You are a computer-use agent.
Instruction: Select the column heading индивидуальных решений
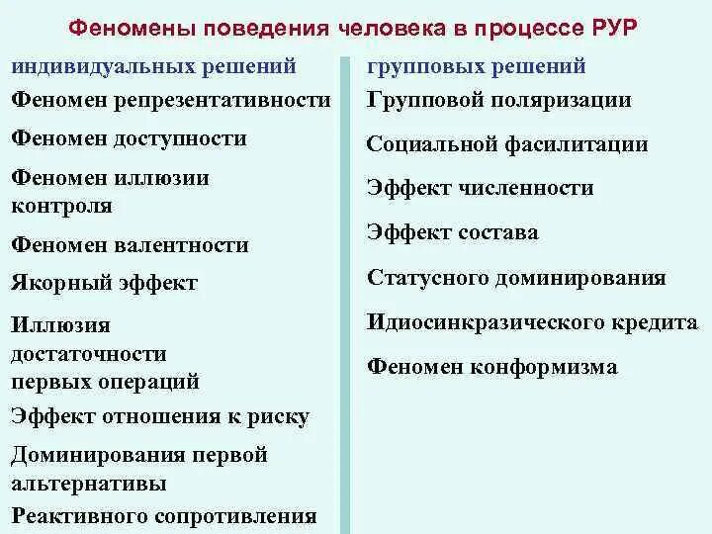click(x=153, y=67)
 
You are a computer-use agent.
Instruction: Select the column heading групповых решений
click(x=477, y=67)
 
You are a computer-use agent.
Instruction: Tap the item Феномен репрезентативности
click(x=171, y=100)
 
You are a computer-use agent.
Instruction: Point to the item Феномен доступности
click(x=129, y=138)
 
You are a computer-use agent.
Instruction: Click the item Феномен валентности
click(x=130, y=244)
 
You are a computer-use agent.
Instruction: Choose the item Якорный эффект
click(x=105, y=283)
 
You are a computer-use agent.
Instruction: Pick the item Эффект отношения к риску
click(x=160, y=417)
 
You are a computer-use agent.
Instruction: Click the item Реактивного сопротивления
click(x=164, y=515)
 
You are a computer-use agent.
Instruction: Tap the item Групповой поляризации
click(x=498, y=101)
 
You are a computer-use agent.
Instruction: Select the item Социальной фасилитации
click(x=507, y=144)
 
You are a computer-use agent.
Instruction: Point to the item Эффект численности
click(x=480, y=188)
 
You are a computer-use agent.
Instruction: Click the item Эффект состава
click(x=452, y=232)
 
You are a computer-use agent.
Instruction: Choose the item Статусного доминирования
click(x=515, y=278)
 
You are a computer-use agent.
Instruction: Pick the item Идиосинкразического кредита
click(x=532, y=322)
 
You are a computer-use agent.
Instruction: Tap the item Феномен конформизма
click(x=491, y=367)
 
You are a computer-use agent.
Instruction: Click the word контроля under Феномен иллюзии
click(x=61, y=207)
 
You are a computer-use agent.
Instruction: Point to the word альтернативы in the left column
click(x=89, y=485)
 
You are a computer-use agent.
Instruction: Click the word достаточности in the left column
click(x=89, y=353)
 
